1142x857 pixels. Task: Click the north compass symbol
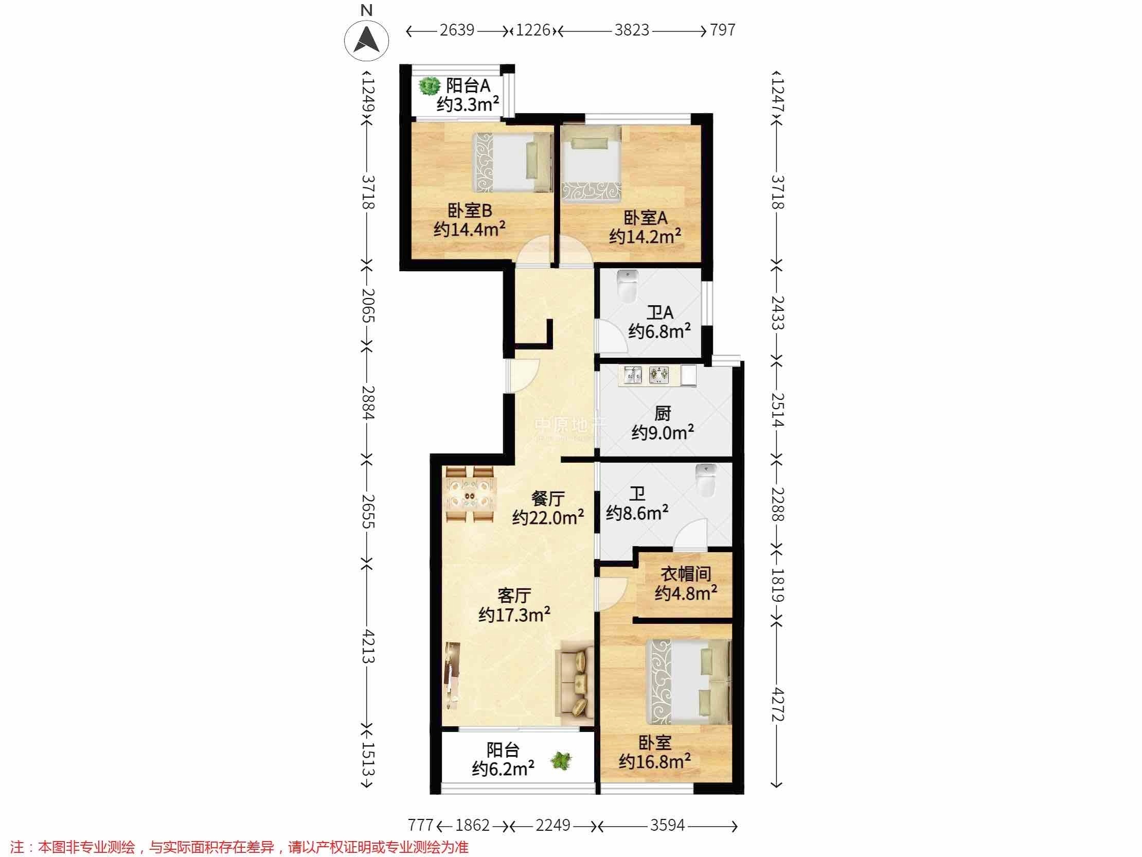[367, 40]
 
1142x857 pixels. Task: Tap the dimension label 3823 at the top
[631, 30]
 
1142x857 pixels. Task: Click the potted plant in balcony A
[428, 86]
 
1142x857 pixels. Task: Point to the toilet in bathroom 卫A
[628, 287]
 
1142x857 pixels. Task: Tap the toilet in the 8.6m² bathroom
[706, 479]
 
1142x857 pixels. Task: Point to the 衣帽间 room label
[686, 573]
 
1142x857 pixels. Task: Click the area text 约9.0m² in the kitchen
[663, 432]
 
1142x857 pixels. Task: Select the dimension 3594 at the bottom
[667, 825]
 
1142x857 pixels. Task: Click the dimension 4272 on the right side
[777, 705]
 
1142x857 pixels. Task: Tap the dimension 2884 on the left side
[368, 402]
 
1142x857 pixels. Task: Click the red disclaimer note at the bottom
[239, 847]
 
